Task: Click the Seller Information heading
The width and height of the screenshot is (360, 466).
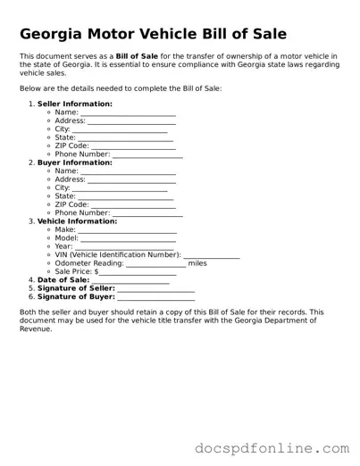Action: tap(75, 104)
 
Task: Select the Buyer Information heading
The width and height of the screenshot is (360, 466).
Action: tap(74, 162)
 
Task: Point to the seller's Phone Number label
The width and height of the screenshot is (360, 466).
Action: tap(82, 154)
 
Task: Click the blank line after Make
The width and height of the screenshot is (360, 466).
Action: tap(128, 231)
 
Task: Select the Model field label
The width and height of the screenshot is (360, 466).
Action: tap(66, 238)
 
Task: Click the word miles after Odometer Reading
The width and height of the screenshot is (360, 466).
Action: tap(197, 263)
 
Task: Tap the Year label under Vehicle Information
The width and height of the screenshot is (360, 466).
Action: tap(63, 246)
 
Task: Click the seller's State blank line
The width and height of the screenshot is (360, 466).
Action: tap(126, 139)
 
